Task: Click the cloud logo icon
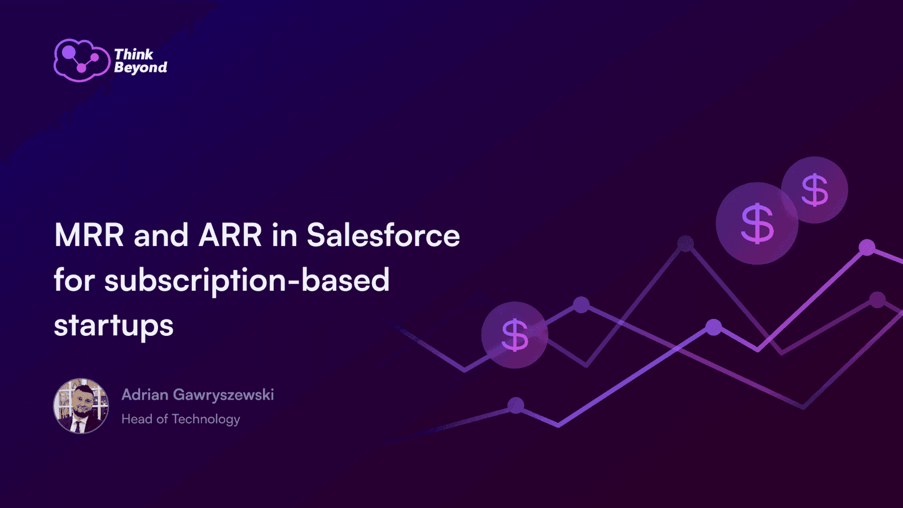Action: click(82, 60)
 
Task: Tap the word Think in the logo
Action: click(134, 54)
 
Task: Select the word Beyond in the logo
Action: click(141, 68)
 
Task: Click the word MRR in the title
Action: click(89, 235)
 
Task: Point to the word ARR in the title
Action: click(230, 235)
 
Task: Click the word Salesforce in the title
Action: click(383, 235)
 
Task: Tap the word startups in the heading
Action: click(113, 326)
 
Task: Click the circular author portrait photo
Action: click(81, 406)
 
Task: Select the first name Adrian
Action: click(145, 395)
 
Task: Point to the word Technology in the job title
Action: click(206, 420)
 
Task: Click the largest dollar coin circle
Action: click(757, 224)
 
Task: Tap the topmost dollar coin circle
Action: click(815, 190)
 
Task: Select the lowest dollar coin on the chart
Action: click(515, 335)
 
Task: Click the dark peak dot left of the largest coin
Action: click(685, 243)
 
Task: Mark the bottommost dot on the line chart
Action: click(516, 406)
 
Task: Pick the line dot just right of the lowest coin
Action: click(581, 305)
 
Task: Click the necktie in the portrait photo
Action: click(77, 426)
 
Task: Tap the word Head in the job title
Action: click(138, 419)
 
